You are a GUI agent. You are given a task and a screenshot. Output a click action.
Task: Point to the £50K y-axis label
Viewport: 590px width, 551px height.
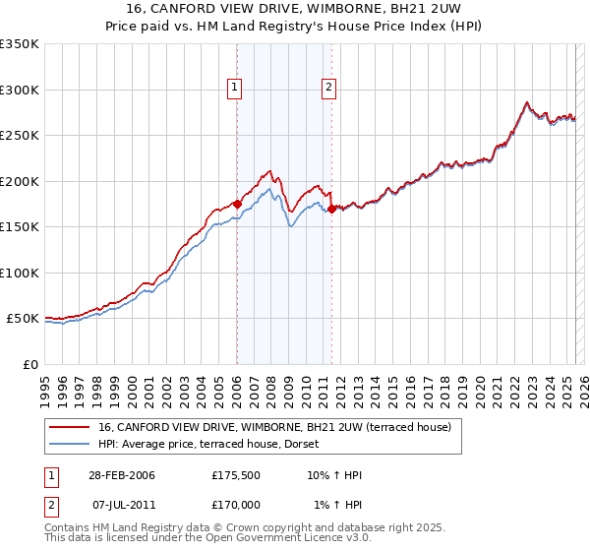coord(21,319)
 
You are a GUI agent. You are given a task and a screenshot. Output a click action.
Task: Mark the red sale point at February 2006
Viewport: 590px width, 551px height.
coord(237,204)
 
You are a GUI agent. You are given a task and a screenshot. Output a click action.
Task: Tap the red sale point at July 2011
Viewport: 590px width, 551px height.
coord(332,209)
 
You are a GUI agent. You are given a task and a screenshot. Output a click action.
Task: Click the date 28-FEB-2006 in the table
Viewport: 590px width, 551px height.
coord(119,475)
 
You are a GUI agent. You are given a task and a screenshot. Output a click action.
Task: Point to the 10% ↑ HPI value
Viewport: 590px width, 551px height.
coord(334,475)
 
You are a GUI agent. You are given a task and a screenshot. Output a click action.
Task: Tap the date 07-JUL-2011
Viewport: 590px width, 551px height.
coord(119,505)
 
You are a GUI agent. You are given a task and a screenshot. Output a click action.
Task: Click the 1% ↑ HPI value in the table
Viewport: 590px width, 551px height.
coord(337,505)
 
